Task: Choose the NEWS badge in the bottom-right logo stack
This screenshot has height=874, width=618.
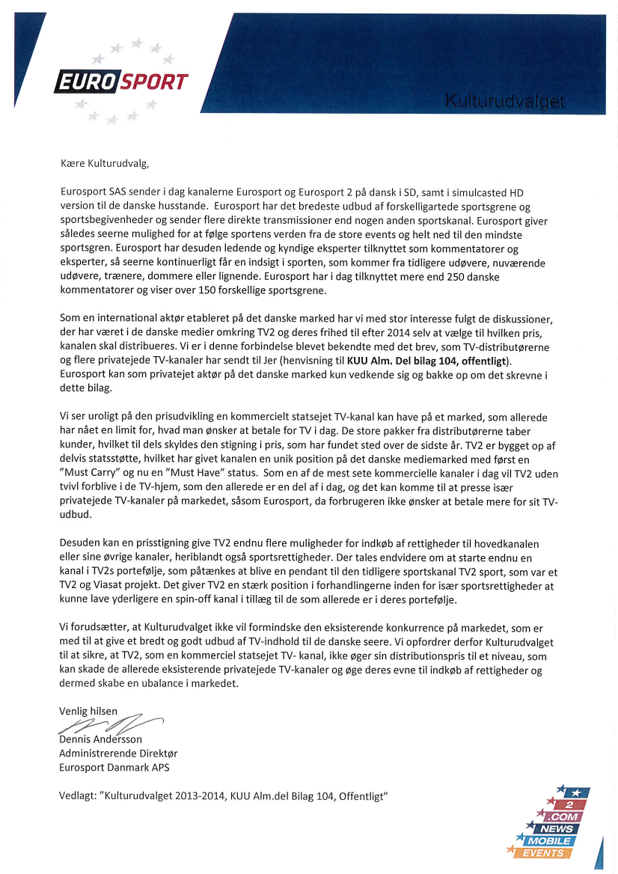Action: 559,829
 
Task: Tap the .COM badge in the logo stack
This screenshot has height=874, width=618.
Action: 564,817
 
